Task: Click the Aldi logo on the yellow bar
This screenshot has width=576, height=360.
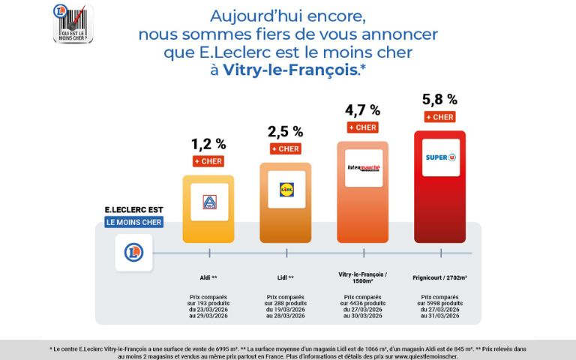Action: pyautogui.click(x=209, y=203)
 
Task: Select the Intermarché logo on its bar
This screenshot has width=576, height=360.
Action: pyautogui.click(x=363, y=168)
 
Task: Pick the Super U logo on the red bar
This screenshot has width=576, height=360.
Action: pyautogui.click(x=440, y=157)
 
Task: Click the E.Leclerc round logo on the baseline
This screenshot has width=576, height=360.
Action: pyautogui.click(x=133, y=253)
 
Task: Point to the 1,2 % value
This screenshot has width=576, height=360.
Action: pyautogui.click(x=208, y=143)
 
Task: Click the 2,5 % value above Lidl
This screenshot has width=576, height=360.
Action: pyautogui.click(x=286, y=132)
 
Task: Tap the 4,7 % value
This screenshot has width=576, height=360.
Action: pyautogui.click(x=363, y=110)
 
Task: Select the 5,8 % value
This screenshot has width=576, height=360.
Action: pyautogui.click(x=440, y=99)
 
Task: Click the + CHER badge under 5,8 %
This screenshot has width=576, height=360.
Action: pyautogui.click(x=440, y=117)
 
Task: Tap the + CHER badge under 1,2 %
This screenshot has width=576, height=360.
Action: pyautogui.click(x=208, y=160)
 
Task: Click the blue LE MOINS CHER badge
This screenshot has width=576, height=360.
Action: pyautogui.click(x=133, y=222)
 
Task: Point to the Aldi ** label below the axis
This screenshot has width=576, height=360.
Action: pyautogui.click(x=208, y=277)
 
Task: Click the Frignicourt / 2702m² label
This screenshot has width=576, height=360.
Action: pyautogui.click(x=440, y=277)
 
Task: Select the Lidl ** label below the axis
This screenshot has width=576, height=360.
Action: pyautogui.click(x=286, y=277)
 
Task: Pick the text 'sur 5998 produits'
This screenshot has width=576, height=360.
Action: pyautogui.click(x=440, y=303)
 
